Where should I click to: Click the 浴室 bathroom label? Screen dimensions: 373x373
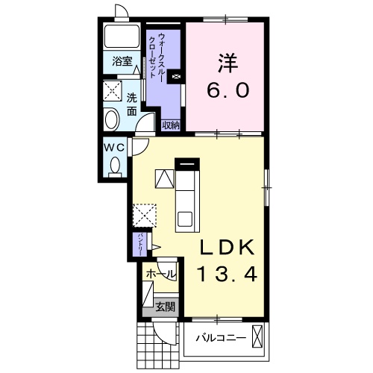point(122,61)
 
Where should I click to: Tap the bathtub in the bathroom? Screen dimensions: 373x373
point(122,36)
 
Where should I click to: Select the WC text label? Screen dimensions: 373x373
point(114,148)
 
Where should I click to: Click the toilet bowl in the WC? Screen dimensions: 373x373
point(115,166)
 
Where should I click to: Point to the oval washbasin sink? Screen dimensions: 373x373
point(112,120)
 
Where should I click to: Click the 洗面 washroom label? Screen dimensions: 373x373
point(132,104)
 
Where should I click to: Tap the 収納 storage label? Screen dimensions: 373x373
point(171,125)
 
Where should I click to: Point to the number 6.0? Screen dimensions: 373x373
point(228,90)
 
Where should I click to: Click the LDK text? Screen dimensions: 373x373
point(228,247)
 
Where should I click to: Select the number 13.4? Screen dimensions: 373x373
point(227,274)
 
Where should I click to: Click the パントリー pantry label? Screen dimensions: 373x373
point(140,245)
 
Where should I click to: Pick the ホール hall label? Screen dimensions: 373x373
point(160,275)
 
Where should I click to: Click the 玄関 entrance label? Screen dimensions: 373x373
point(166,307)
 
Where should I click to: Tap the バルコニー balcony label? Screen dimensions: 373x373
point(221,338)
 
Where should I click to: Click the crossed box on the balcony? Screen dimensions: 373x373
point(257,336)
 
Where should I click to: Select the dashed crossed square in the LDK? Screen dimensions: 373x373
point(145,215)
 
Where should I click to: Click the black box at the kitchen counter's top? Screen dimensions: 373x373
point(187,164)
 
